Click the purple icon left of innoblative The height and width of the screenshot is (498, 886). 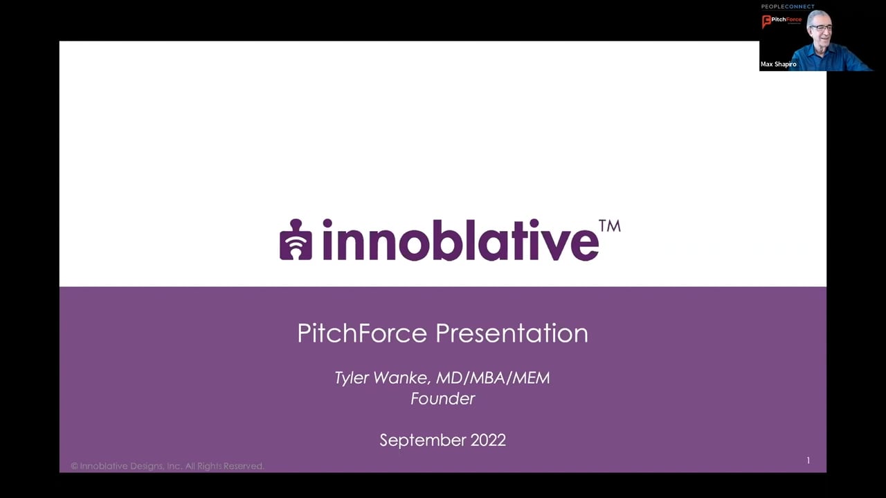(296, 240)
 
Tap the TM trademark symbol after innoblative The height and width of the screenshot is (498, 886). (609, 226)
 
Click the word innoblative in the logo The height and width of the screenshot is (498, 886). (460, 240)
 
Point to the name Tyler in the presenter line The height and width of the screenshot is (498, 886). (355, 378)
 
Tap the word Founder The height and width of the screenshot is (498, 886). (442, 398)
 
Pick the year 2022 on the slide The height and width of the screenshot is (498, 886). (488, 440)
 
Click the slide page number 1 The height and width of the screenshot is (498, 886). (808, 461)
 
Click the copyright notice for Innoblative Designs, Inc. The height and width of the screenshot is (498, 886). (167, 466)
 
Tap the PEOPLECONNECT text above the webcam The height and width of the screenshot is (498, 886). (788, 7)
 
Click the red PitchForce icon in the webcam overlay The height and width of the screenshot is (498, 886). (766, 21)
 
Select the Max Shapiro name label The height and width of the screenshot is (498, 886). (778, 64)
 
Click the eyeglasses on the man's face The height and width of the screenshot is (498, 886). (821, 28)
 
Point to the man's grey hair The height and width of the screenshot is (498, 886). (820, 15)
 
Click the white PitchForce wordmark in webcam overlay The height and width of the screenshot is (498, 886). (788, 19)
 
